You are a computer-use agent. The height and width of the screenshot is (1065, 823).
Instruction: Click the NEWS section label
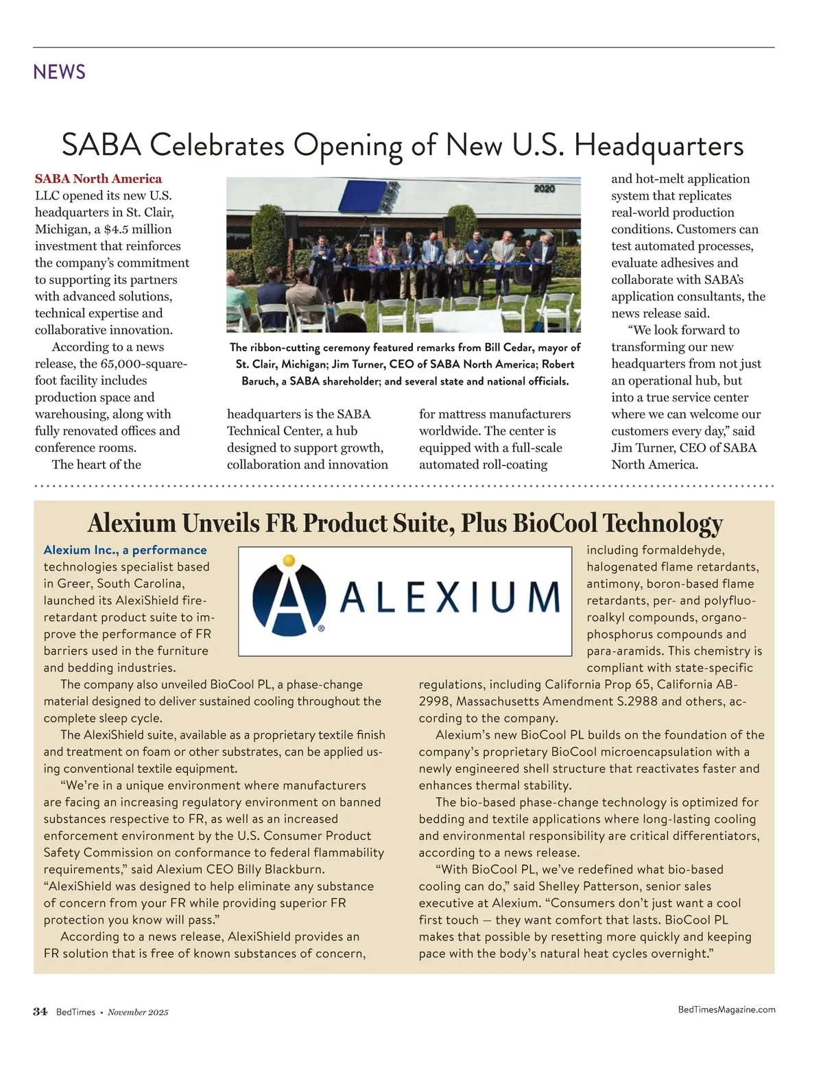click(x=59, y=71)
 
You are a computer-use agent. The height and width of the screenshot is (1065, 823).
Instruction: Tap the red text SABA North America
click(x=98, y=179)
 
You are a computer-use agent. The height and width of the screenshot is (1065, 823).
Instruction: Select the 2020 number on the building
click(x=544, y=189)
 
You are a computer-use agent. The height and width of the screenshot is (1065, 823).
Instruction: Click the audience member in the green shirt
click(x=239, y=302)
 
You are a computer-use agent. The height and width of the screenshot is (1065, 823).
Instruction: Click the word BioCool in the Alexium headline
click(x=556, y=523)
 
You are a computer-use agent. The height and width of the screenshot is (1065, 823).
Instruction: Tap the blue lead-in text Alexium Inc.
click(x=80, y=550)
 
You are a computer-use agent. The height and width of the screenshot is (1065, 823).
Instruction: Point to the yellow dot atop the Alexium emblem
click(x=289, y=560)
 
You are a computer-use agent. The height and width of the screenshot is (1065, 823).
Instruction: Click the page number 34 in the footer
click(x=40, y=1012)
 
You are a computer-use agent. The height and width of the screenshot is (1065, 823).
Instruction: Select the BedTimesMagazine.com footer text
click(x=726, y=1009)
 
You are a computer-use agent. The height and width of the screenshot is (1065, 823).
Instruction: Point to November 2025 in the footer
click(x=137, y=1012)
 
